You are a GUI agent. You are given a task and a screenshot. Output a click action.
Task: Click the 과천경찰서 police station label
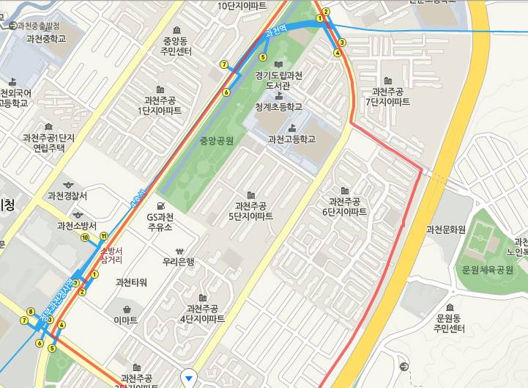point(67,196)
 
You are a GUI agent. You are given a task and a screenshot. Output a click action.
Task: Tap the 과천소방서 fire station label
point(78,226)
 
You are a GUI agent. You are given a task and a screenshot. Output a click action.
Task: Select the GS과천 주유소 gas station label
point(160,222)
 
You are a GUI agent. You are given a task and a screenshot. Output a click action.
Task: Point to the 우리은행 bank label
point(179,260)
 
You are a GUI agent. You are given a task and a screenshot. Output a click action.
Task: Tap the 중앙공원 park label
point(216,139)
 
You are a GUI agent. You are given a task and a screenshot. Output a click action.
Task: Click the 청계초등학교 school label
point(278,107)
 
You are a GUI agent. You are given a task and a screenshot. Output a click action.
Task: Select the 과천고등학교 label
point(291,138)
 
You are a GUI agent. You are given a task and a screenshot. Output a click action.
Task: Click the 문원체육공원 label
point(488,270)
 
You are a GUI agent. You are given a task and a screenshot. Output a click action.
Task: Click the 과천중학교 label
point(45,38)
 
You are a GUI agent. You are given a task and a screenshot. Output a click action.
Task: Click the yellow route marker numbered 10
point(86,238)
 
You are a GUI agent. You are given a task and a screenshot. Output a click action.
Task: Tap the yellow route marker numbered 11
point(104,235)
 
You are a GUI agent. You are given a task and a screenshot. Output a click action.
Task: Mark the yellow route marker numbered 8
point(30,312)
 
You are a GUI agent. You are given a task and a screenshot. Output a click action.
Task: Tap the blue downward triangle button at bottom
point(190,378)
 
